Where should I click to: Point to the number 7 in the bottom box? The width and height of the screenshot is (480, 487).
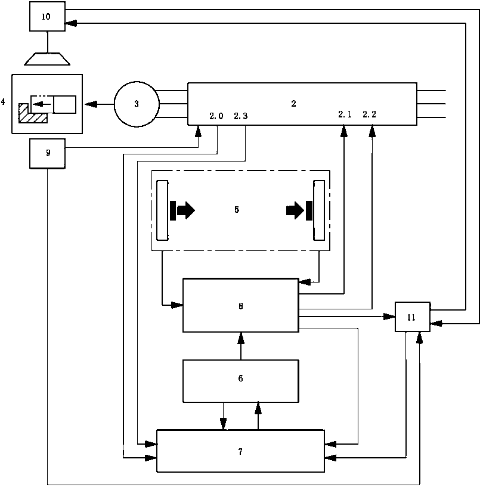(x=240, y=452)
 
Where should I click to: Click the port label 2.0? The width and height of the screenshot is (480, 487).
(x=216, y=116)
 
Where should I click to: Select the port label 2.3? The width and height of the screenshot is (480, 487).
(x=241, y=116)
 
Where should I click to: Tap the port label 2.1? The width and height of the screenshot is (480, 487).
(x=345, y=114)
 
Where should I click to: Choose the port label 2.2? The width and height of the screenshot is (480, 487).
(x=370, y=114)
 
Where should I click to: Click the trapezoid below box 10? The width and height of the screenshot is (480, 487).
(x=47, y=59)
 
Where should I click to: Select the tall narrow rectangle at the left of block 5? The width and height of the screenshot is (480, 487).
(x=163, y=210)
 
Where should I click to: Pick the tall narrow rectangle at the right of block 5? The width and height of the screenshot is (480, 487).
(x=319, y=210)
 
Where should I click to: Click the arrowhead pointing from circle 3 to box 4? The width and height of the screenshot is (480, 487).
(x=91, y=104)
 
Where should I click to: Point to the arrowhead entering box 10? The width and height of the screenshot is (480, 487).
(x=70, y=23)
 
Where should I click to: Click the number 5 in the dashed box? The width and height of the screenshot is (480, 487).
(x=237, y=210)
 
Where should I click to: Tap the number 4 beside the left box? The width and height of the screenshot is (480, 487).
(x=3, y=101)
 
